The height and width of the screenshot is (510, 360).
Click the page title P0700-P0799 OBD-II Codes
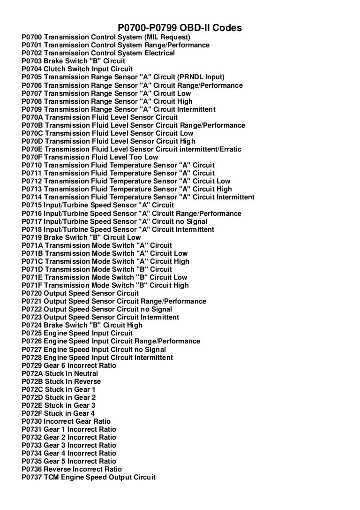click(x=180, y=28)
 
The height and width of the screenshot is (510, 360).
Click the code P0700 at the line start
click(x=31, y=37)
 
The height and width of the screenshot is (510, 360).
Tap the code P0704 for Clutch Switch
click(x=31, y=69)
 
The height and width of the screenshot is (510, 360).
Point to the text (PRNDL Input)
click(x=202, y=77)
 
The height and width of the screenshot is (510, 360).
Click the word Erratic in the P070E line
click(x=228, y=149)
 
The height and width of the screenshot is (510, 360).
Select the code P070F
click(x=31, y=157)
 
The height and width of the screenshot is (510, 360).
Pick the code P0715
click(x=31, y=205)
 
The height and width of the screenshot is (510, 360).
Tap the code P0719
click(x=31, y=237)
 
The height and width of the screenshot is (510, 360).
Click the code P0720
click(x=31, y=293)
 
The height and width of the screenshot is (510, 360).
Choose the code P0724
click(x=31, y=325)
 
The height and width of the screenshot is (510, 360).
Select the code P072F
click(x=31, y=413)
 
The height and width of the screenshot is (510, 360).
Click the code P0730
click(x=31, y=421)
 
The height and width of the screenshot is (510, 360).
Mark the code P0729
click(x=31, y=365)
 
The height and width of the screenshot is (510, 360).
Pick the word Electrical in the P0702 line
click(x=157, y=53)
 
